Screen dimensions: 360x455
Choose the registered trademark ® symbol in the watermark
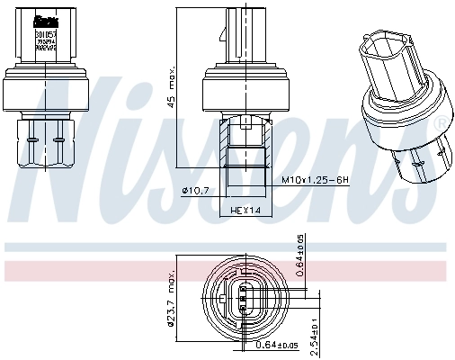coord(441,122)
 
